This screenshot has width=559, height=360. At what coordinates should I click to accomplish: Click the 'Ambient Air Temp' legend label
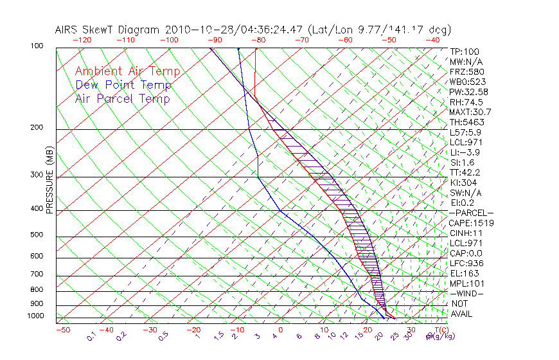click(128, 72)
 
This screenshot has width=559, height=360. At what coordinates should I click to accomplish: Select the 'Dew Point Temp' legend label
click(123, 85)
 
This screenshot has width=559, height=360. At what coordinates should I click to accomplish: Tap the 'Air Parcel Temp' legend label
click(123, 99)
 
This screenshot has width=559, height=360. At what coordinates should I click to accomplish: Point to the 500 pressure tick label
click(36, 235)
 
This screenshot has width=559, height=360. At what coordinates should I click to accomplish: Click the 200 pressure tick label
click(36, 128)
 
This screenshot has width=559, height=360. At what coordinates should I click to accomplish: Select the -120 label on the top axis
click(83, 40)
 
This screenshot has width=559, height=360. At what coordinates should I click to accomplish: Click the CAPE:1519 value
click(469, 223)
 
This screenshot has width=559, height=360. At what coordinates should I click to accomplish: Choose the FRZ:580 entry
click(467, 72)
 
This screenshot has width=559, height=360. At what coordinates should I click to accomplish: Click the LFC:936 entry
click(466, 264)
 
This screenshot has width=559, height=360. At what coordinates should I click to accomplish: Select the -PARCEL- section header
click(471, 213)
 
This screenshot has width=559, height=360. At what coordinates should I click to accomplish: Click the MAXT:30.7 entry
click(469, 112)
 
